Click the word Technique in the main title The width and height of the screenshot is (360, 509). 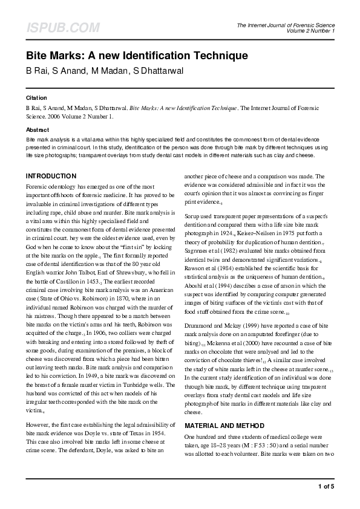pyautogui.click(x=218, y=56)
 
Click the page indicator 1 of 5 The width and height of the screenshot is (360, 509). pyautogui.click(x=327, y=486)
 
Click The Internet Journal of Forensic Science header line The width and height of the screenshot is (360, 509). pyautogui.click(x=286, y=25)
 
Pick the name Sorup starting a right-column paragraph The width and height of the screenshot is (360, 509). pyautogui.click(x=193, y=216)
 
